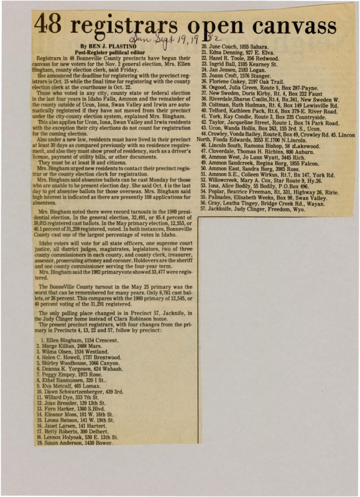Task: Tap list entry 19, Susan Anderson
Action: tap(78, 443)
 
